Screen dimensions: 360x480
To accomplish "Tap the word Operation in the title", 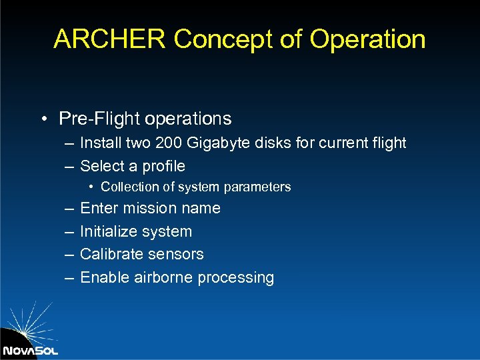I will (368, 39).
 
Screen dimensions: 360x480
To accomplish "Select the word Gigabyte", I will (216, 143).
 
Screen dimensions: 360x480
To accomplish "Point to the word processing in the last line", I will (238, 278).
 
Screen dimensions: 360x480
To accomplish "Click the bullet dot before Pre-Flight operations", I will (43, 119).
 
